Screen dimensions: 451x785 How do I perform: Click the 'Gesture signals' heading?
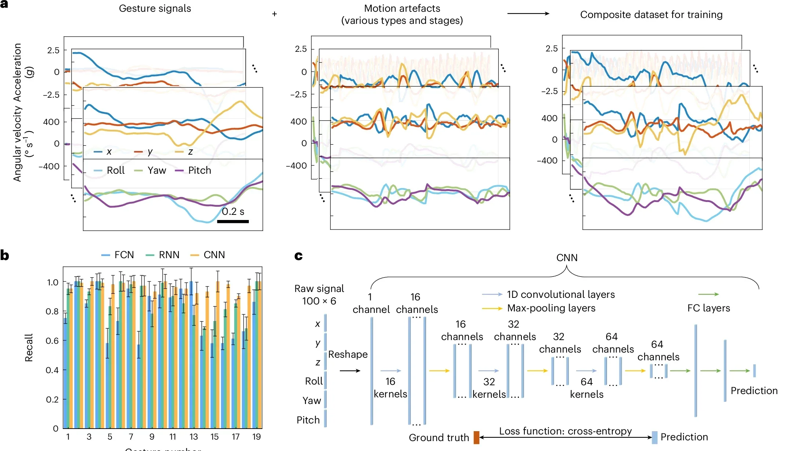155,8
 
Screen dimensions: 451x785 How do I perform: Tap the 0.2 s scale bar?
233,221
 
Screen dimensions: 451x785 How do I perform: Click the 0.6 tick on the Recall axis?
52,340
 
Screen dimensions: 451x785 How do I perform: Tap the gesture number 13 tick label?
193,437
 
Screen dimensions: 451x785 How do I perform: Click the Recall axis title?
29,347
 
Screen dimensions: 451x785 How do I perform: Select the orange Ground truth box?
476,437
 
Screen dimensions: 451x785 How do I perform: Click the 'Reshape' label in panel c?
348,354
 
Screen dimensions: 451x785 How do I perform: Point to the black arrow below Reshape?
350,371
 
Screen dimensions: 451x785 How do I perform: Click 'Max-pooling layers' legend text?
551,308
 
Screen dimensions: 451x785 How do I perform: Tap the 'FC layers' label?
708,308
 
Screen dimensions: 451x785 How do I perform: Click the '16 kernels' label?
390,388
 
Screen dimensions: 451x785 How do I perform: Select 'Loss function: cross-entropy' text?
565,431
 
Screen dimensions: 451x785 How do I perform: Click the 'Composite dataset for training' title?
651,15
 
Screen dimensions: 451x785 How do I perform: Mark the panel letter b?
5,255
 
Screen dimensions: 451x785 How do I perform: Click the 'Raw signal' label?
319,289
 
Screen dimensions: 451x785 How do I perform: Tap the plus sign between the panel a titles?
275,14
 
